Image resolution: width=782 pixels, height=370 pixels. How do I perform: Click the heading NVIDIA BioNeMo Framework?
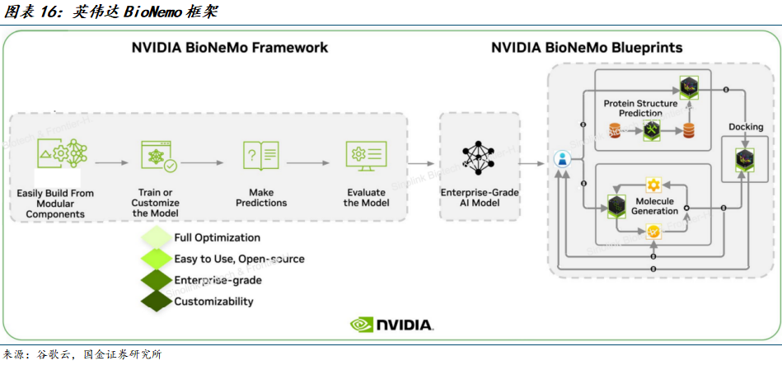[230, 48]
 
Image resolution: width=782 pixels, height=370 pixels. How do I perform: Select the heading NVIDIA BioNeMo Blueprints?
[587, 48]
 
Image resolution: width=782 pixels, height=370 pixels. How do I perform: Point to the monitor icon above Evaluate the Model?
[365, 155]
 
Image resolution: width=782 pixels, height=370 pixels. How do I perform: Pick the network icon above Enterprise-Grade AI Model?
[479, 157]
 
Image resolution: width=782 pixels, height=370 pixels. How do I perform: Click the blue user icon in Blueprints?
[562, 159]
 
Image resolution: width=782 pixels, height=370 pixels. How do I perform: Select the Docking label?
[746, 127]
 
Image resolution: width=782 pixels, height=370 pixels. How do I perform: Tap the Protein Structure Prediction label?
[640, 108]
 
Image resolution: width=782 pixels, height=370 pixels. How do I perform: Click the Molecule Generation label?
[653, 206]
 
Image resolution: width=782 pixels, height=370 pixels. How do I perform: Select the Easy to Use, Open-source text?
[239, 259]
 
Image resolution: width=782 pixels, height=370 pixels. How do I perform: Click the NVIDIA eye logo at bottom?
[363, 325]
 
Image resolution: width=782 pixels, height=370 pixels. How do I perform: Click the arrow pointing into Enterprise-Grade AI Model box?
[423, 163]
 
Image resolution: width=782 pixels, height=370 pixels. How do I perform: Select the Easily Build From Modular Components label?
[55, 204]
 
